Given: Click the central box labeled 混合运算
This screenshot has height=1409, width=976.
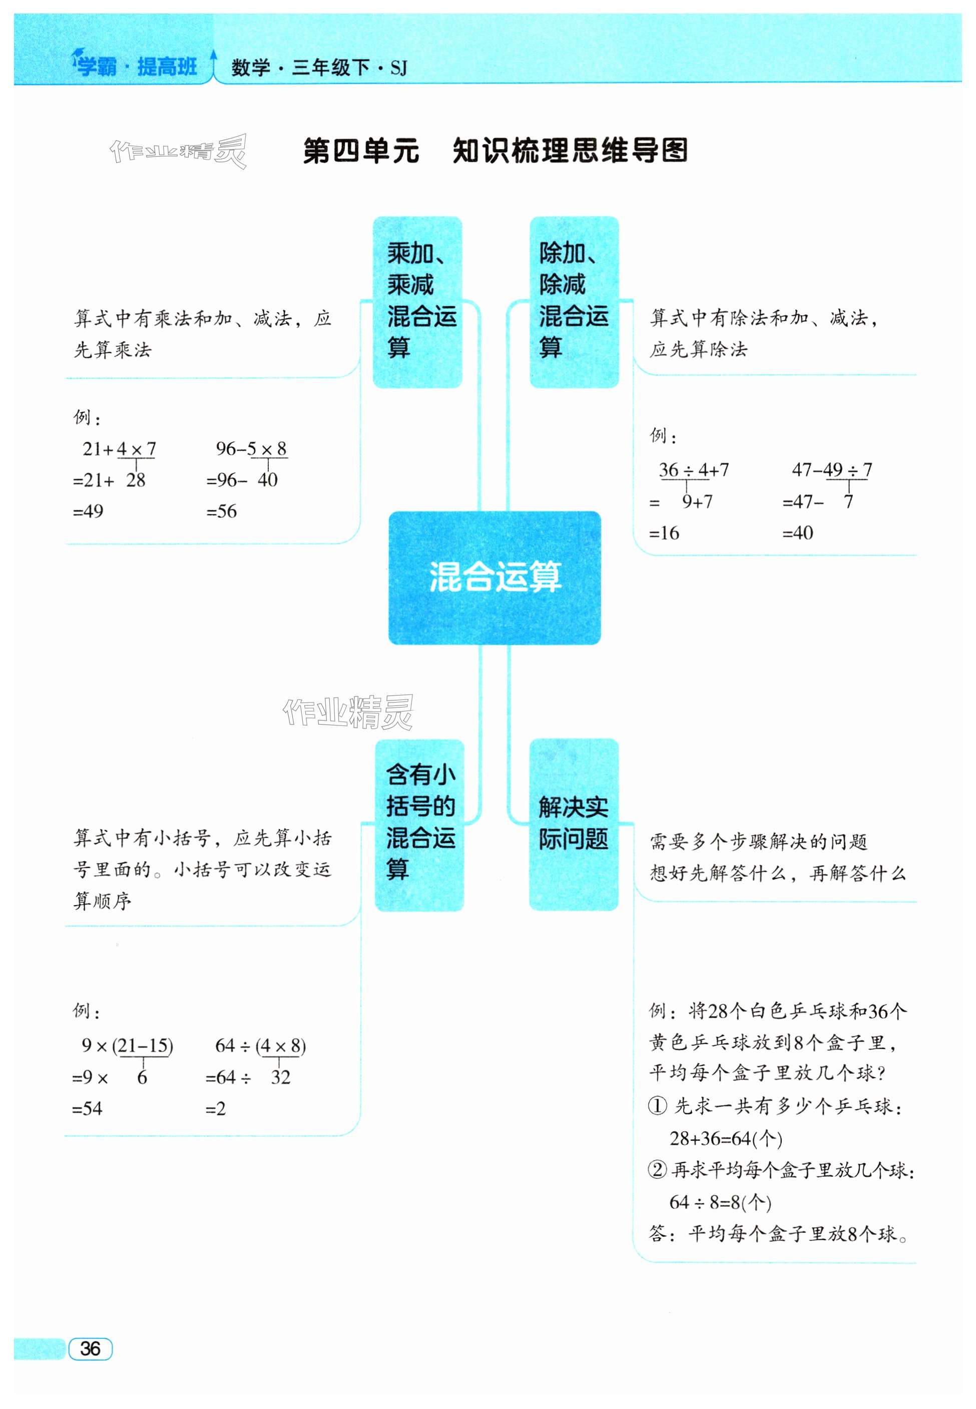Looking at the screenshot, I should [494, 577].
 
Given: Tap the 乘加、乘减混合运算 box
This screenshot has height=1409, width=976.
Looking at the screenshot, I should [417, 302].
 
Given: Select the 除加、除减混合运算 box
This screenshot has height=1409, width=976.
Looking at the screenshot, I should [574, 302].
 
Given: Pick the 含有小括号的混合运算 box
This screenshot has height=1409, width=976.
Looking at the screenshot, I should [419, 825].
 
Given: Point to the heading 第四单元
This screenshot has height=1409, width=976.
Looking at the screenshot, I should [361, 151].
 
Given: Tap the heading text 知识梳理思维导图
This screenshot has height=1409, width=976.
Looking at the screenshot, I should [570, 151].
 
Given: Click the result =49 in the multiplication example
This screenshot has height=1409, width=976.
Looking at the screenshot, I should [88, 511].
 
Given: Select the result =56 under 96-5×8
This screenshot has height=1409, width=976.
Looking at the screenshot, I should [221, 511].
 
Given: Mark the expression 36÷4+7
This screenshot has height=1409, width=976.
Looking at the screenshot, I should [694, 469].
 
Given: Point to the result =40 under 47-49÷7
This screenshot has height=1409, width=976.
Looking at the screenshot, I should [797, 532].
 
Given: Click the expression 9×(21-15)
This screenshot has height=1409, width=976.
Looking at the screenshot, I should [127, 1045].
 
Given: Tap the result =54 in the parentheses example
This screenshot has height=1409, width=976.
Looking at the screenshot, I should [88, 1108].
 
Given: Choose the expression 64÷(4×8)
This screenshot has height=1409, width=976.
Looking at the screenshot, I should [260, 1045].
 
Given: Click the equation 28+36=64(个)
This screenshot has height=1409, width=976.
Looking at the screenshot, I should [726, 1138].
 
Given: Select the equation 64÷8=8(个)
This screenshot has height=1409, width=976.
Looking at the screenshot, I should [720, 1202].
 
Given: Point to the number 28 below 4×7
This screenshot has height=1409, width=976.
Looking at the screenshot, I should [136, 480].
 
